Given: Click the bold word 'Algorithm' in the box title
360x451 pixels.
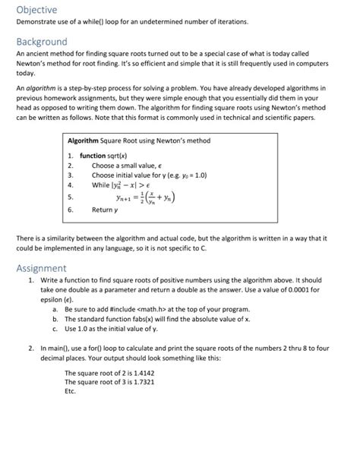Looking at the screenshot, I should [88, 141].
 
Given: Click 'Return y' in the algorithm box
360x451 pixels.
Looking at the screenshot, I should [106, 210].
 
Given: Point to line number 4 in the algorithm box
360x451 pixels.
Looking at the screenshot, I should [71, 184].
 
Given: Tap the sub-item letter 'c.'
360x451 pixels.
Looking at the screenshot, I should [55, 329].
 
